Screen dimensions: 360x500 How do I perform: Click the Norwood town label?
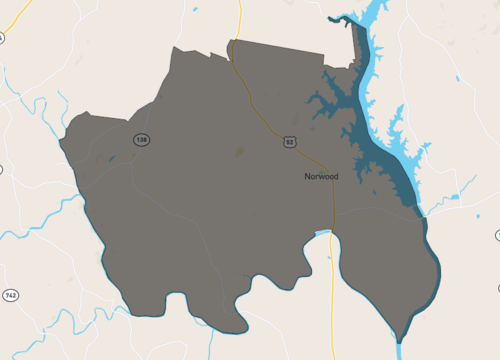coord(321,176)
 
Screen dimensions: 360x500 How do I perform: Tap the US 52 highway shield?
coord(289,142)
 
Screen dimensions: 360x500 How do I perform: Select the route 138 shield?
coord(141,140)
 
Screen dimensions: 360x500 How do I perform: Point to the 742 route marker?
coord(10,296)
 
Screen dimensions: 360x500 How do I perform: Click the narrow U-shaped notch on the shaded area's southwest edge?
coord(181,304)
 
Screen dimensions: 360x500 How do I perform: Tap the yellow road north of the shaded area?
coord(239,20)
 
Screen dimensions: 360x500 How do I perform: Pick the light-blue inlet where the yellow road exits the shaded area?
coord(323,233)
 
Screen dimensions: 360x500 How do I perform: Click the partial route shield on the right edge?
coord(497,234)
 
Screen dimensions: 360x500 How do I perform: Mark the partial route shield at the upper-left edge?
coord(2,38)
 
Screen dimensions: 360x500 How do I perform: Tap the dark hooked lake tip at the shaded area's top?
coord(357,30)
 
